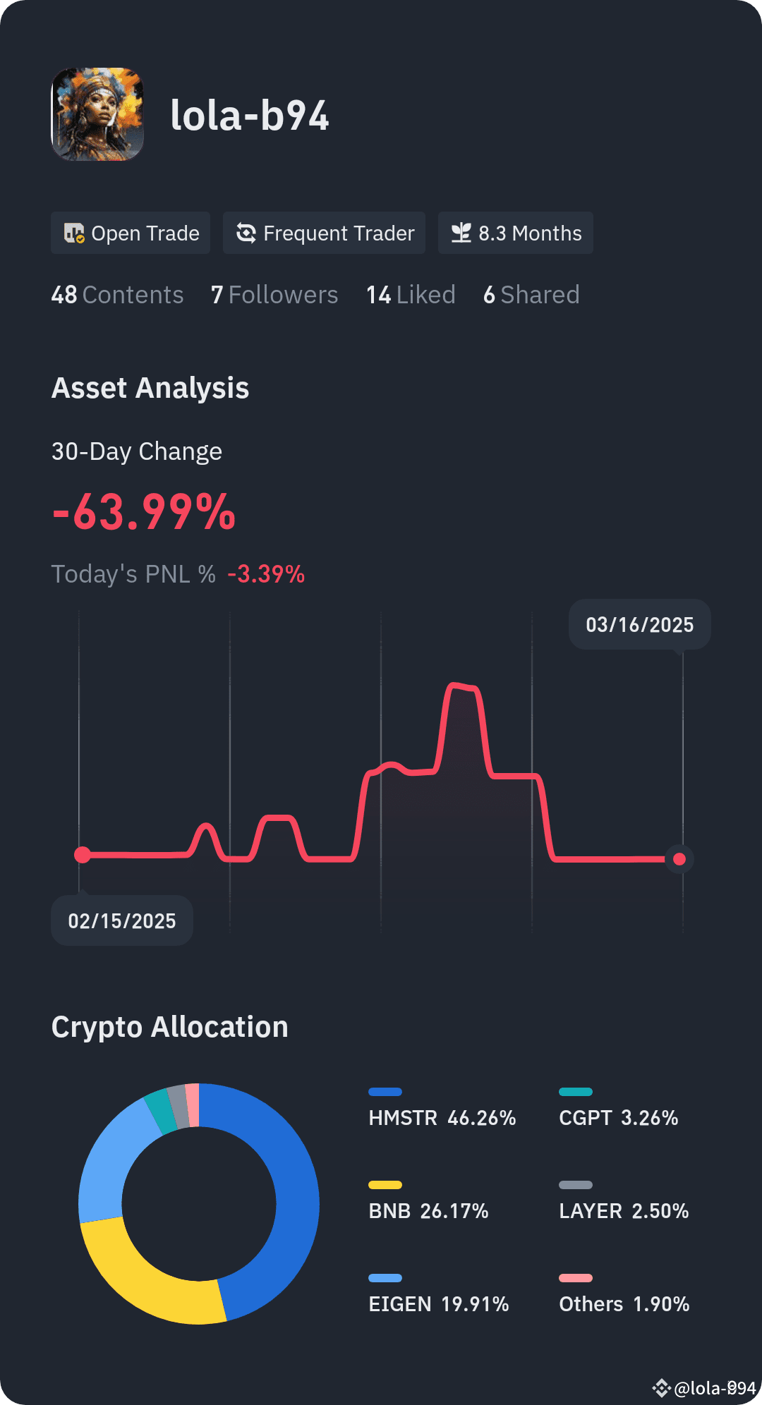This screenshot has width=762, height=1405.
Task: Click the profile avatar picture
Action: click(x=97, y=114)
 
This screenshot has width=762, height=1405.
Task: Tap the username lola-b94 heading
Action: click(x=250, y=116)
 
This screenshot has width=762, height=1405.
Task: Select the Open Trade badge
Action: click(x=131, y=233)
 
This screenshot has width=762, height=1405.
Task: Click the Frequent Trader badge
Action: click(x=324, y=233)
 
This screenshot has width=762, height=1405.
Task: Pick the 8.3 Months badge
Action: click(x=515, y=233)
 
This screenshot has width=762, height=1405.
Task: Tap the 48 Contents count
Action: click(x=117, y=295)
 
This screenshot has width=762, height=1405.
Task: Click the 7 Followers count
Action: click(x=274, y=295)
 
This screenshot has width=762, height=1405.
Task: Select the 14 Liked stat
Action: click(x=411, y=295)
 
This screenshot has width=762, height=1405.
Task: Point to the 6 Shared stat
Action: click(x=531, y=295)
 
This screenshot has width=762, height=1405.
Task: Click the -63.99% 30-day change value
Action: click(x=145, y=512)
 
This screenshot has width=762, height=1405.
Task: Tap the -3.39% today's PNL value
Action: click(x=266, y=574)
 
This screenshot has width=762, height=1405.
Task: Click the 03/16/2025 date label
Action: click(x=639, y=625)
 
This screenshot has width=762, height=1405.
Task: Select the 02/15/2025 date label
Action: click(x=122, y=921)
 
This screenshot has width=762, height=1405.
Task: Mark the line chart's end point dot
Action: click(x=679, y=859)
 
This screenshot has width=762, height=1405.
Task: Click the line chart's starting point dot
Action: click(x=83, y=855)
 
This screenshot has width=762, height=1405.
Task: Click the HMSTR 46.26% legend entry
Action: click(x=442, y=1117)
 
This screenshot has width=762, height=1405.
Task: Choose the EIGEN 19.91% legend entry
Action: click(x=438, y=1303)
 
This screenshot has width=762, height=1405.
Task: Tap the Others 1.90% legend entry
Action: click(x=624, y=1303)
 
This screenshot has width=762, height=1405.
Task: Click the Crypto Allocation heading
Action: click(x=170, y=1027)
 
